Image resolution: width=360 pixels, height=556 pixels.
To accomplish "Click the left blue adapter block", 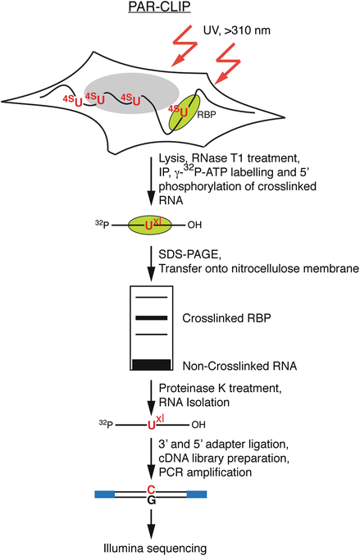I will (105, 494).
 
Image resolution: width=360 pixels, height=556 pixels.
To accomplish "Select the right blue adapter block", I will (196, 494).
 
